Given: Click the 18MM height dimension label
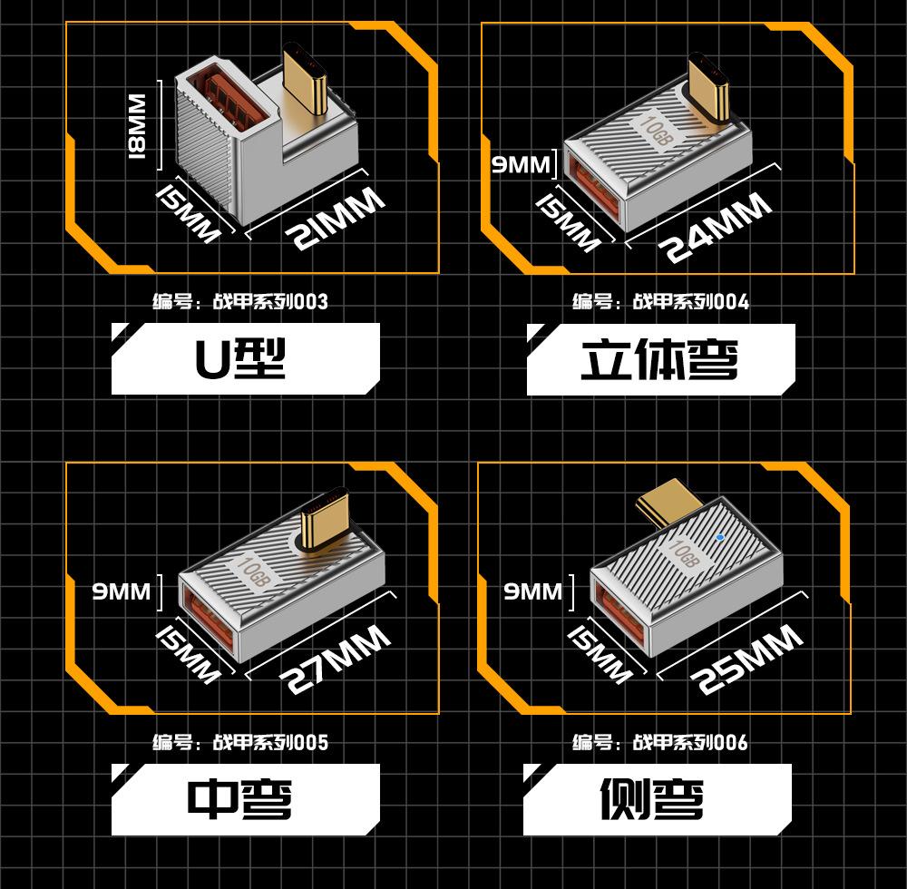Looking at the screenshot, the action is pyautogui.click(x=137, y=125).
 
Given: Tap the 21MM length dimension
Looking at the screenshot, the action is pyautogui.click(x=335, y=218).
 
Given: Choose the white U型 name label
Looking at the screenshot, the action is pyautogui.click(x=245, y=358).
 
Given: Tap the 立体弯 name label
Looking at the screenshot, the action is pyautogui.click(x=660, y=359).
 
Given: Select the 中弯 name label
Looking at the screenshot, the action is pyautogui.click(x=245, y=799).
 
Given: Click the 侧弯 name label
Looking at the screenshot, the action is pyautogui.click(x=657, y=799).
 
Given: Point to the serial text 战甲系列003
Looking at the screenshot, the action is pyautogui.click(x=270, y=301).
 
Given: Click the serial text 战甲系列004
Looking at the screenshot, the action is pyautogui.click(x=690, y=301).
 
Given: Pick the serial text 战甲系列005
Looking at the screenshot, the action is pyautogui.click(x=270, y=742).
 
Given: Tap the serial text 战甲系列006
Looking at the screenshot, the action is pyautogui.click(x=690, y=742).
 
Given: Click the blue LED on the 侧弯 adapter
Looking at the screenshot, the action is pyautogui.click(x=719, y=537).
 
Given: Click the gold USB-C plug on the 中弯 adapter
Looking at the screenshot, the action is pyautogui.click(x=325, y=520).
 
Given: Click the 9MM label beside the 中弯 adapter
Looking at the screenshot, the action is pyautogui.click(x=122, y=591).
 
